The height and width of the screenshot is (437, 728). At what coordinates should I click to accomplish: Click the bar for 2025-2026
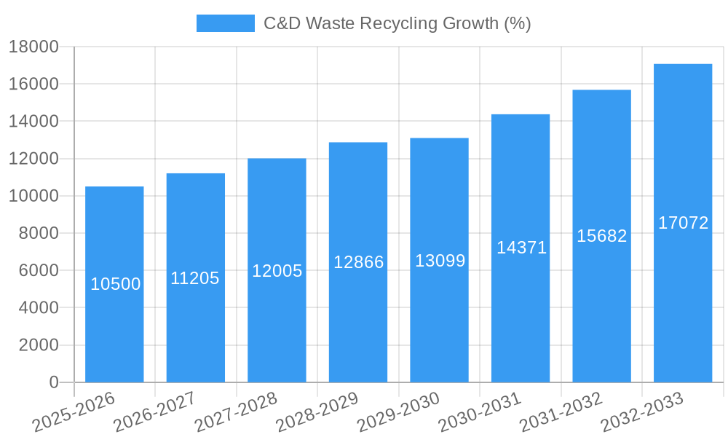click(x=114, y=328)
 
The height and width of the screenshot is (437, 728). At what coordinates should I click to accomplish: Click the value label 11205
click(x=195, y=278)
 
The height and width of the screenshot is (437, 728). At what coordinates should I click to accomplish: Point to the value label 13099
click(x=440, y=261)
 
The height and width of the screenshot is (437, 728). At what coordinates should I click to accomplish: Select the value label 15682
click(x=601, y=236)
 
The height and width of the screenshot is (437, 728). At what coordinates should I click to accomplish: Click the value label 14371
click(x=521, y=248)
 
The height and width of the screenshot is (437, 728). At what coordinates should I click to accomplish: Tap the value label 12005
click(x=277, y=271)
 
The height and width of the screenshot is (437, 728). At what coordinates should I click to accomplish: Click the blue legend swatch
click(x=225, y=23)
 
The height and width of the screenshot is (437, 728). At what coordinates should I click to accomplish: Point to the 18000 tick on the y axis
click(x=33, y=47)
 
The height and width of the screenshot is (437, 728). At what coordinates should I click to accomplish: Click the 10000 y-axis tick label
click(x=33, y=196)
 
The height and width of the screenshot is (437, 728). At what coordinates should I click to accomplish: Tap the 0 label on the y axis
click(x=53, y=382)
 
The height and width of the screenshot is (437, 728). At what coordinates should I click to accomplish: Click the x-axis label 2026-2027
click(x=155, y=412)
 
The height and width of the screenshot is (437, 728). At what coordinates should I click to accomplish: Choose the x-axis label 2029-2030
click(x=399, y=412)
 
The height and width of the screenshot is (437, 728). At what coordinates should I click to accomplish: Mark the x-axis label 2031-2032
click(x=561, y=412)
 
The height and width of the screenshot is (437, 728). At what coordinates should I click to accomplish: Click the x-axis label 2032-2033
click(x=642, y=412)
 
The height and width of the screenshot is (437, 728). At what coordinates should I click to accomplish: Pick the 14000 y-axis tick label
click(x=33, y=122)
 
